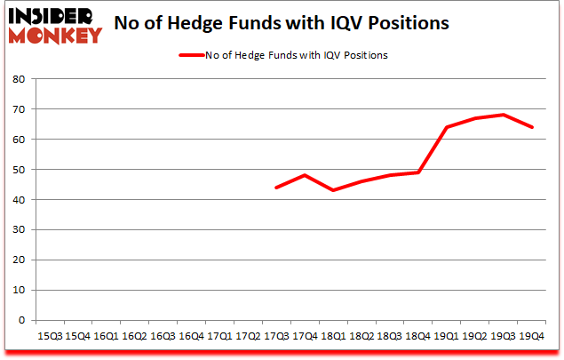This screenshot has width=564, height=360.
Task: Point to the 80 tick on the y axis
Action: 18,78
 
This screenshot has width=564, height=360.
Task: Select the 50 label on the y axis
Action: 18,169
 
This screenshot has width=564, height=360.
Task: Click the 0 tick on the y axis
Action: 21,320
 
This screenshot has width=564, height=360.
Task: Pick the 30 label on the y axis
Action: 18,229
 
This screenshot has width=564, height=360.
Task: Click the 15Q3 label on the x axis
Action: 49,335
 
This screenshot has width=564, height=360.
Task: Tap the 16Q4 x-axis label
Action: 191,335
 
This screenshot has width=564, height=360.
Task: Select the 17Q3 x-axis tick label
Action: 276,335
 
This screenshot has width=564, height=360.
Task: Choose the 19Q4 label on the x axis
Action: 532,335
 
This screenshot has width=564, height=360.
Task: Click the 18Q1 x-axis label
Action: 333,335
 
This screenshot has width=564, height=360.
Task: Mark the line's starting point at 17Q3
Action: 276,188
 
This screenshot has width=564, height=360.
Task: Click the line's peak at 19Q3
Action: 504,115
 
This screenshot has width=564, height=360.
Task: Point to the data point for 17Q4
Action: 305,175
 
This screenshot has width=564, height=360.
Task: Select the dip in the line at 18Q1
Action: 333,190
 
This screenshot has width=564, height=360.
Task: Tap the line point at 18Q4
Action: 418,172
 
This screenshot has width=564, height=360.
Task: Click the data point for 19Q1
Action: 447,127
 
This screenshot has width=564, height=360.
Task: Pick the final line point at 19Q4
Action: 532,127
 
